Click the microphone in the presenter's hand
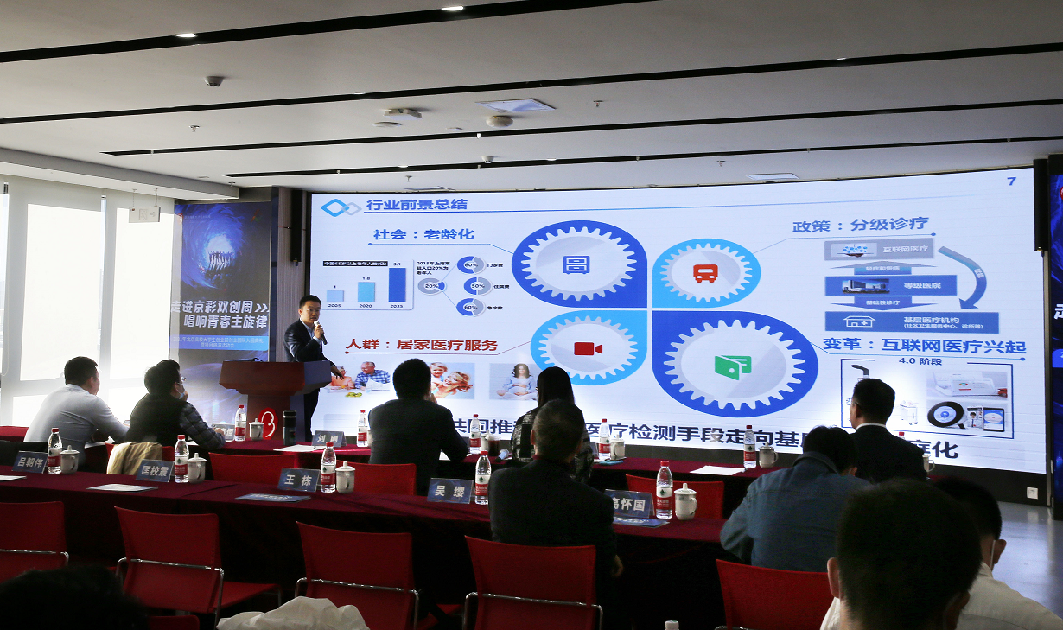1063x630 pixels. click(x=319, y=329)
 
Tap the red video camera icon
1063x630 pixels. click(x=588, y=348)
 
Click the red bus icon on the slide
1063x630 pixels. click(x=705, y=273)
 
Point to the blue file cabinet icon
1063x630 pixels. click(x=576, y=264)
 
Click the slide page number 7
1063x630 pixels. click(x=1011, y=181)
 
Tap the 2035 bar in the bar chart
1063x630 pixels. click(x=397, y=284)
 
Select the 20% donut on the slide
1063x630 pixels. click(x=431, y=285)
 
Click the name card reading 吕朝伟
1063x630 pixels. click(x=30, y=461)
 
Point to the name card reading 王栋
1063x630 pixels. click(x=298, y=479)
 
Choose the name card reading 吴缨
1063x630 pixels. click(x=449, y=490)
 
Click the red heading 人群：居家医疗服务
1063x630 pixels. click(x=422, y=345)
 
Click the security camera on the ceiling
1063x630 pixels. click(x=213, y=81)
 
